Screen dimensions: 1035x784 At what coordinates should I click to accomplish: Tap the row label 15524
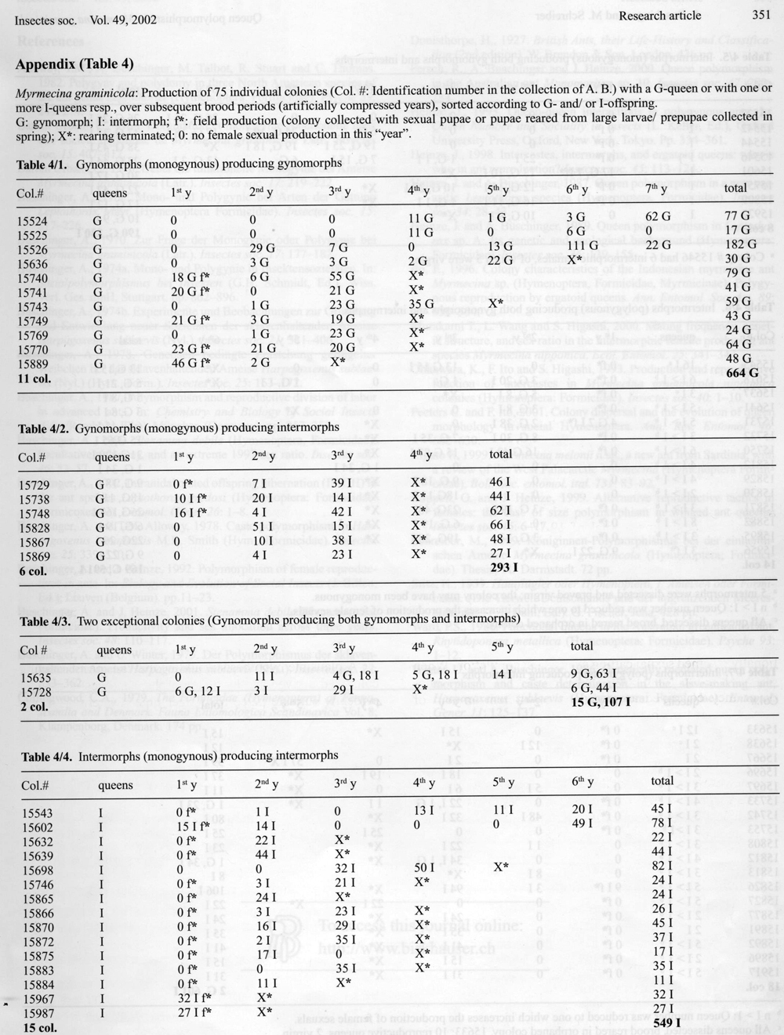[32, 221]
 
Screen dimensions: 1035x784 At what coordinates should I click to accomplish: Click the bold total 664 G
[742, 373]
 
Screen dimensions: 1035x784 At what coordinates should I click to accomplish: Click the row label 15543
[32, 813]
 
